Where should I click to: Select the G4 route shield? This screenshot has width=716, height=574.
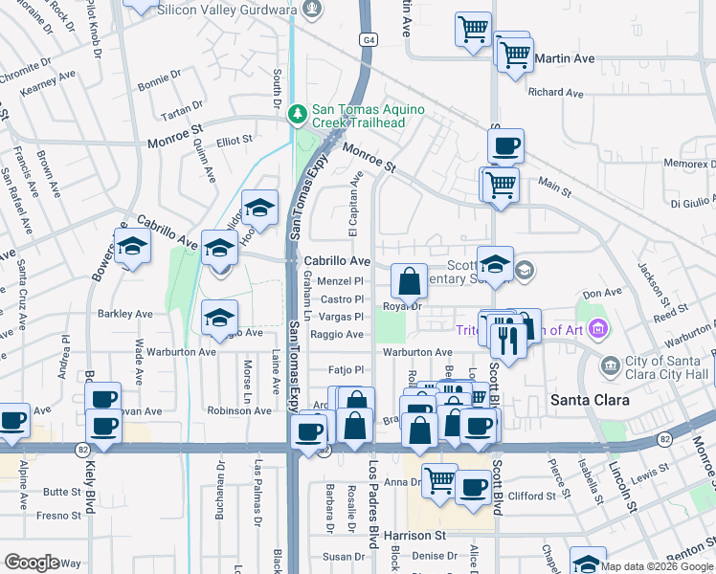pyautogui.click(x=369, y=40)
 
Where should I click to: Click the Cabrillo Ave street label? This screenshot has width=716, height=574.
pyautogui.click(x=337, y=260)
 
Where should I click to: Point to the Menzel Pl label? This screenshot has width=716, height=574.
pyautogui.click(x=347, y=282)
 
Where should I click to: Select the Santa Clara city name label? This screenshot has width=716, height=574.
pyautogui.click(x=589, y=400)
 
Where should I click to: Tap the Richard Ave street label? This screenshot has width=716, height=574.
pyautogui.click(x=555, y=93)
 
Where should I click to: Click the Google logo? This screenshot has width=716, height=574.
pyautogui.click(x=32, y=562)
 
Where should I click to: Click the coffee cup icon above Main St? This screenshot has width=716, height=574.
pyautogui.click(x=505, y=147)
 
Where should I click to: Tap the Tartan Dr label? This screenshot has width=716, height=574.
pyautogui.click(x=184, y=105)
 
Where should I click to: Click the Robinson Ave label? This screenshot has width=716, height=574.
pyautogui.click(x=240, y=410)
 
